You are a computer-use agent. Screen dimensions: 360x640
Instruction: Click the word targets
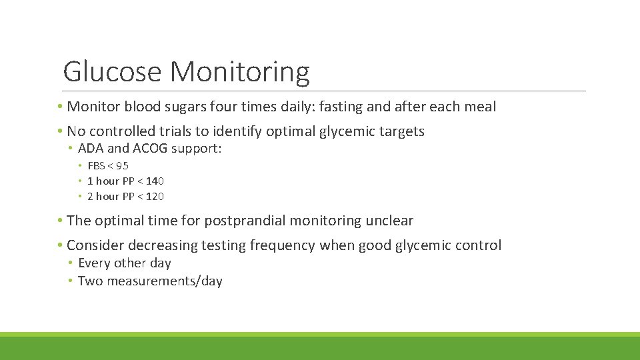[x=398, y=132]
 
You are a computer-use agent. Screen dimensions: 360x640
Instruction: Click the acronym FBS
[x=97, y=166]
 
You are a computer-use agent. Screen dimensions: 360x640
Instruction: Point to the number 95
[x=122, y=166]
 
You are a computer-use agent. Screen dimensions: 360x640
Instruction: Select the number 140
[x=155, y=181]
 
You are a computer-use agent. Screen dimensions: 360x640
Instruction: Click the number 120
[x=155, y=197]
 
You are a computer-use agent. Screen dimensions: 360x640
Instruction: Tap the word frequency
[x=282, y=245]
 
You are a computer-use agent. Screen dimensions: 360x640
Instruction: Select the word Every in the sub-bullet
[x=93, y=263]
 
